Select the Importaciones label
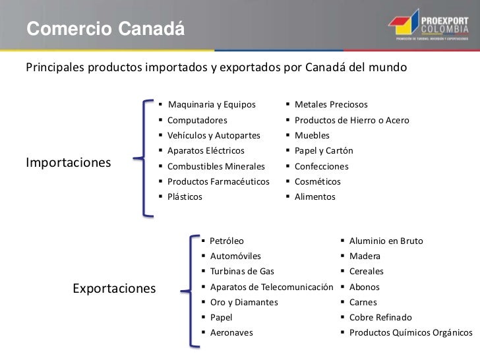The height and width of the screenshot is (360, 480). pyautogui.click(x=68, y=162)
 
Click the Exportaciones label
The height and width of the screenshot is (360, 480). pyautogui.click(x=114, y=288)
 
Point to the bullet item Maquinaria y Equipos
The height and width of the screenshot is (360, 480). pyautogui.click(x=211, y=105)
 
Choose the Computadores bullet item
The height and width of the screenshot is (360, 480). pyautogui.click(x=197, y=121)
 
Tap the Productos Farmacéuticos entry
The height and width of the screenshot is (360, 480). pyautogui.click(x=218, y=181)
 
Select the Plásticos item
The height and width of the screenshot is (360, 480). pyautogui.click(x=185, y=196)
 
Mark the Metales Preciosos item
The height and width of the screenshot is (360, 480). pyautogui.click(x=331, y=105)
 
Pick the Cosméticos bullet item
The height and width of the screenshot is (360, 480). pyautogui.click(x=317, y=181)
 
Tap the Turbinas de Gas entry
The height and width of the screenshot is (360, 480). pyautogui.click(x=241, y=271)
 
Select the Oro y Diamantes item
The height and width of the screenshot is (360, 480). pyautogui.click(x=243, y=302)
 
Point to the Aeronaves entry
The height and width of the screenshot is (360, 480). pyautogui.click(x=231, y=333)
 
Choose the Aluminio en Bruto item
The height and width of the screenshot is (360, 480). pyautogui.click(x=386, y=241)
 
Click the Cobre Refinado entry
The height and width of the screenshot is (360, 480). pyautogui.click(x=380, y=317)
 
